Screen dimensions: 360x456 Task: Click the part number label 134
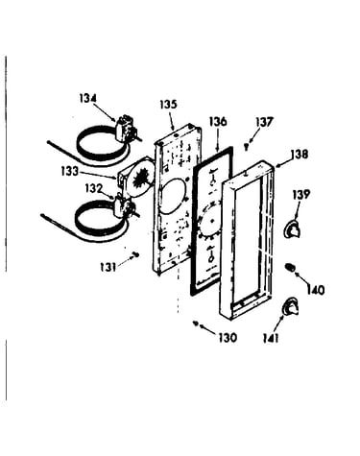click(87, 98)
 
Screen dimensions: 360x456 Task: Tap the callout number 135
click(168, 104)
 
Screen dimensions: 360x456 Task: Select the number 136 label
click(218, 122)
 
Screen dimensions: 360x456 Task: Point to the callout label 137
click(264, 122)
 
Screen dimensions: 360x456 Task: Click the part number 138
click(300, 155)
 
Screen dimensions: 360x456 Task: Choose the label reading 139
click(300, 194)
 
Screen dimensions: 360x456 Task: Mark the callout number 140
click(316, 290)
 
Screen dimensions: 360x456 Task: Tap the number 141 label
click(271, 338)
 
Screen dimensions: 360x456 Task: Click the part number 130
click(228, 337)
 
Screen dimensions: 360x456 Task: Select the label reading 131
click(108, 267)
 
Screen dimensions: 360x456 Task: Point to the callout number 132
click(93, 188)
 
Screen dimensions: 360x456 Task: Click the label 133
click(69, 172)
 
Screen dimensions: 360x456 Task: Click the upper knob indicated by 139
click(293, 229)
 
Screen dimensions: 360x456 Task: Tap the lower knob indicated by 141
click(291, 306)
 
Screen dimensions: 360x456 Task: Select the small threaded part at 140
click(290, 267)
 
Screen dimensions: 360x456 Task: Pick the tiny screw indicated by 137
click(246, 147)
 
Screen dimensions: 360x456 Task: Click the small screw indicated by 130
click(195, 324)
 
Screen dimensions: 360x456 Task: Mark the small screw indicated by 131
click(136, 254)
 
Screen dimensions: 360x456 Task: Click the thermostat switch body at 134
click(125, 129)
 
